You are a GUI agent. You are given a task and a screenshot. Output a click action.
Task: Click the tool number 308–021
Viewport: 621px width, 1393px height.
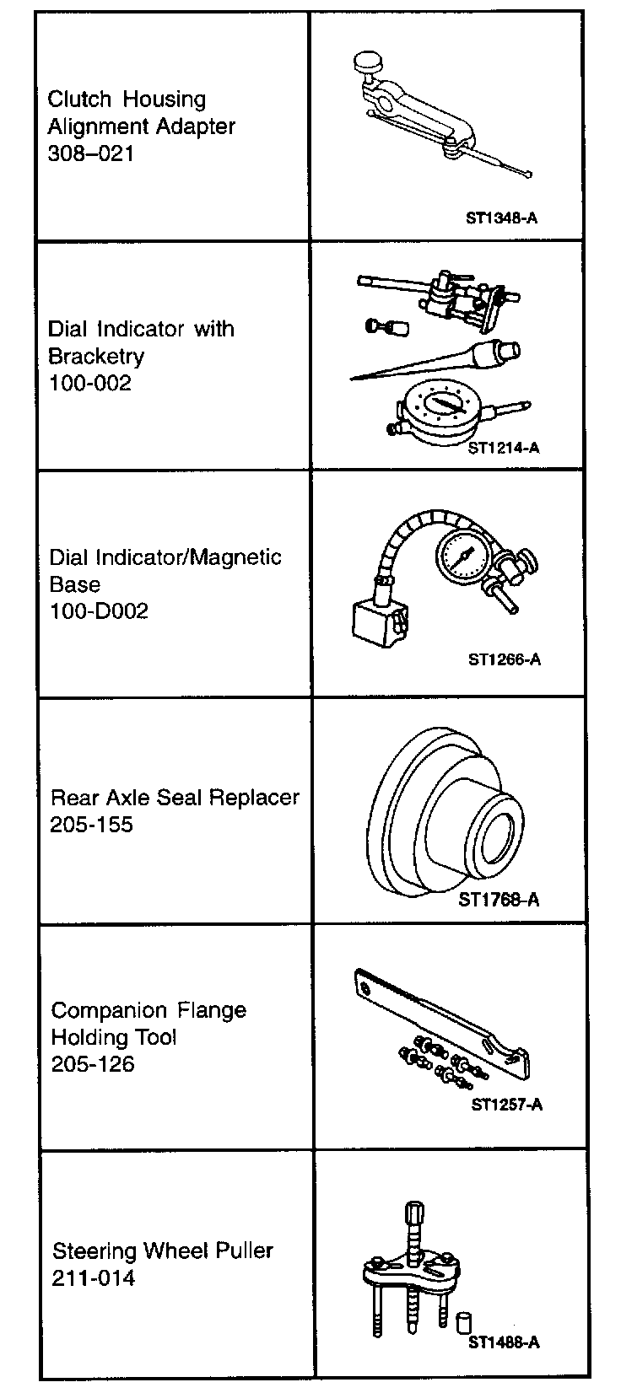point(90,154)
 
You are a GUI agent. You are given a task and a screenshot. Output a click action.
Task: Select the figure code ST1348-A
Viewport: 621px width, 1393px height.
point(501,218)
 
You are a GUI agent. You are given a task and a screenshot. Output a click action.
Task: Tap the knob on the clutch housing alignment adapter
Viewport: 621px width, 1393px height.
point(368,61)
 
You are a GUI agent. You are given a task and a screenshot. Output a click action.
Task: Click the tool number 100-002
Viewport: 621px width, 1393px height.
point(90,384)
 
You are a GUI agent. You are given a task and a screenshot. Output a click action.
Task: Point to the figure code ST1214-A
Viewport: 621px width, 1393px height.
point(503,448)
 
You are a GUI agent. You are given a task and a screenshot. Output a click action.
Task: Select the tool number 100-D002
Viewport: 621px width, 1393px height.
point(99,611)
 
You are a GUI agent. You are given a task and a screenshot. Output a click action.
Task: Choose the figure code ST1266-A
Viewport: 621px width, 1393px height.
point(505,659)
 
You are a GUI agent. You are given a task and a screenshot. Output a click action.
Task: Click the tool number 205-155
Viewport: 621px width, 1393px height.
point(92,825)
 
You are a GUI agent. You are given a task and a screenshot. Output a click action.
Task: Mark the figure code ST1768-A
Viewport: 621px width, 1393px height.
point(499,900)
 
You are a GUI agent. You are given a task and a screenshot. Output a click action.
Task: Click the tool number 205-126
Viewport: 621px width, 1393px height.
point(93,1064)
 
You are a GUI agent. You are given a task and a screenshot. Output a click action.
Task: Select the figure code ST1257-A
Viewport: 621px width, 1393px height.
point(505,1105)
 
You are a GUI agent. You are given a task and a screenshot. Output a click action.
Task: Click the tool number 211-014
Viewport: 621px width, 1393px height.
point(94,1278)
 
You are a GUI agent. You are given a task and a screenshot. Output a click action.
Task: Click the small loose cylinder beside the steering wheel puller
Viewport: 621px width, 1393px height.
point(462,1320)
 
